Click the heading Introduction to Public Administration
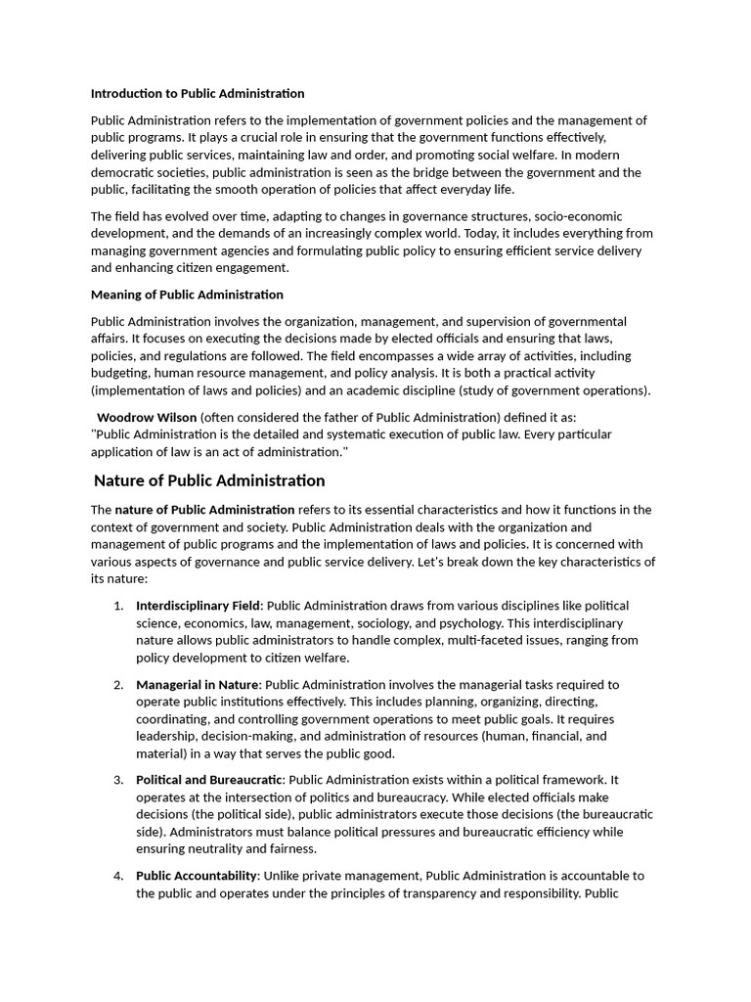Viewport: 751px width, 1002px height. [x=198, y=94]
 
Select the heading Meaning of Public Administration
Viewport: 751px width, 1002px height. [x=187, y=295]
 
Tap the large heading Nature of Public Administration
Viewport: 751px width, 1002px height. [x=209, y=480]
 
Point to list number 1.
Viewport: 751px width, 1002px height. [x=118, y=606]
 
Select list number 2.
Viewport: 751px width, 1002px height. [x=118, y=685]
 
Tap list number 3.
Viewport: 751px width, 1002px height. [x=118, y=780]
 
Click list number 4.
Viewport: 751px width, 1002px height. [x=118, y=876]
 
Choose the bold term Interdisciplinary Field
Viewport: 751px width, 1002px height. [x=198, y=606]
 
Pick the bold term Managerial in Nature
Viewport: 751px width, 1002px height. [x=198, y=685]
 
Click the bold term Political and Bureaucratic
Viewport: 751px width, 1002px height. [x=209, y=780]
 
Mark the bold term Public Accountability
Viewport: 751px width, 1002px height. [x=197, y=876]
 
